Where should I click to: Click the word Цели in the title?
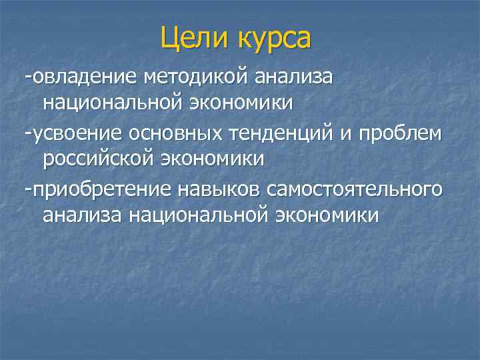pos(193,38)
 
